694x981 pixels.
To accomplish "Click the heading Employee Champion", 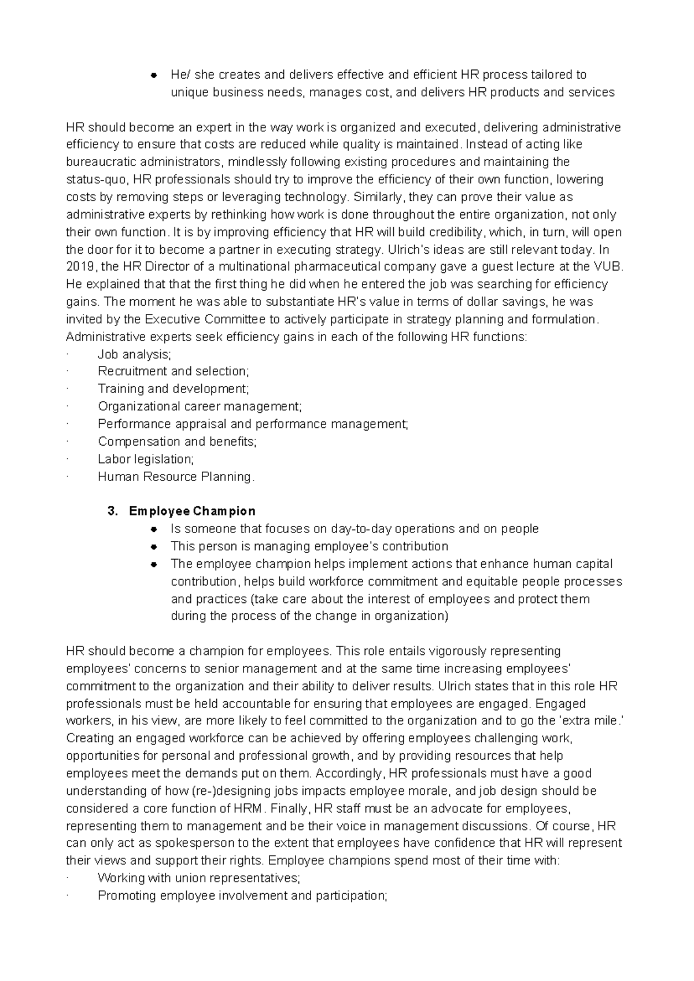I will tap(192, 511).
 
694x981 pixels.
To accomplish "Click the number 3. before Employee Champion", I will tap(112, 511).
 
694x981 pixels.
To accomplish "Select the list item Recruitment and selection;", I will tap(173, 371).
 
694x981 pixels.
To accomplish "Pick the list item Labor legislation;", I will tap(146, 459).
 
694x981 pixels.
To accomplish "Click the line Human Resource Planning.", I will tap(176, 477).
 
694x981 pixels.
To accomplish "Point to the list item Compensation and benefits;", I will tap(177, 442).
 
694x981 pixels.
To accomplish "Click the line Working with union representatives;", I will tap(199, 878).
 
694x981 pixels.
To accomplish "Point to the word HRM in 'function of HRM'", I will tap(249, 808).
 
